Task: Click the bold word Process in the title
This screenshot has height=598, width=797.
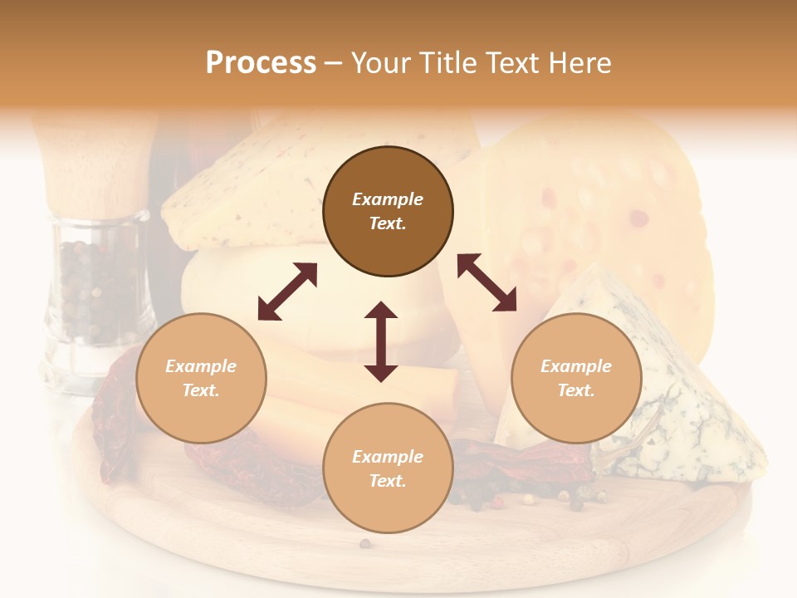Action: pos(261,62)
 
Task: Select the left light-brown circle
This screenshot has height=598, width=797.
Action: pos(201,378)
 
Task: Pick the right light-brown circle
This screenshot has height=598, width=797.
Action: pos(576,378)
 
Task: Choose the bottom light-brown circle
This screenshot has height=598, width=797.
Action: pos(388,468)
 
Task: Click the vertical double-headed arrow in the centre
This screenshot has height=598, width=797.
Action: pos(381,341)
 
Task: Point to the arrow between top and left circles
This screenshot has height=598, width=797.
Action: pos(287,292)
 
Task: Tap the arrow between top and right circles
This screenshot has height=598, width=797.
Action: pos(487,282)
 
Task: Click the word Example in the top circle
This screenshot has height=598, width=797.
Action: pos(388,199)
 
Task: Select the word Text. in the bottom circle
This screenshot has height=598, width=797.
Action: pos(388,481)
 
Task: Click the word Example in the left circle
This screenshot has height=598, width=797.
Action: pos(201,366)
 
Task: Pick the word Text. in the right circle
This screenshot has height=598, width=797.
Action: pos(576,390)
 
